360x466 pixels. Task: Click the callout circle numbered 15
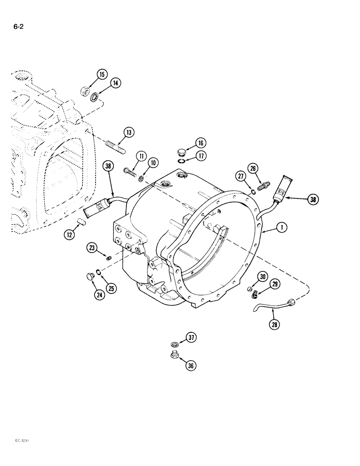(x=102, y=74)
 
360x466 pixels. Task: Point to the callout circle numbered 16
(x=201, y=143)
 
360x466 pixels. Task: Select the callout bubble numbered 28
(x=275, y=325)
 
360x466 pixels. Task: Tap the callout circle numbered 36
(x=190, y=366)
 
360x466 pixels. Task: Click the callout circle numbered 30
(x=263, y=276)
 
